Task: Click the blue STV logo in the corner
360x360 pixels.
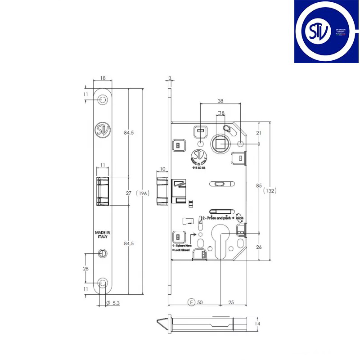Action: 327,31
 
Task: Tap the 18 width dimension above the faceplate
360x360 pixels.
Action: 103,78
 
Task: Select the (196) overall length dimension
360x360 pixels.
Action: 143,193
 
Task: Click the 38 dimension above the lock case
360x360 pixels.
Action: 220,101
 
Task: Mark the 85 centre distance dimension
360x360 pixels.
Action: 259,185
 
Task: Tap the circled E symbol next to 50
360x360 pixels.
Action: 192,301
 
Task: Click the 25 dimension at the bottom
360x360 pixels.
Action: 230,301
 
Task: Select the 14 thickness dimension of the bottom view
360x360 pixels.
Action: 257,324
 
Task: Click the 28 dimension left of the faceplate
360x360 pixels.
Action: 86,268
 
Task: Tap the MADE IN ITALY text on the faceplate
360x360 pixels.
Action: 103,235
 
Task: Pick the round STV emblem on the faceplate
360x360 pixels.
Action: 103,130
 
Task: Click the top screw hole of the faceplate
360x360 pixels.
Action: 103,99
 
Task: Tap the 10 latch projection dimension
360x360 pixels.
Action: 162,169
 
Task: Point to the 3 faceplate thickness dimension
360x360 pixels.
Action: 170,78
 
